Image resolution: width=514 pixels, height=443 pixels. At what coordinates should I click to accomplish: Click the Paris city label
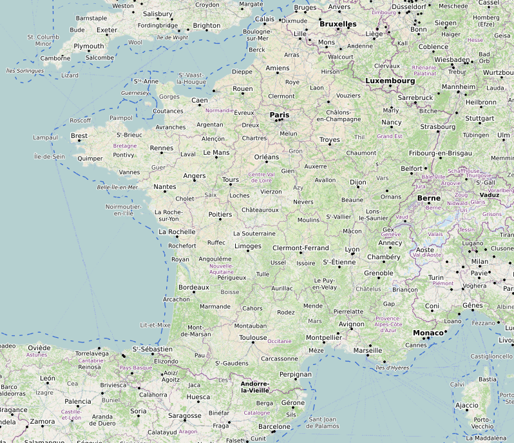pos(280,115)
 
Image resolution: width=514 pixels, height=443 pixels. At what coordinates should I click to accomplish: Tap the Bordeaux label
pos(193,287)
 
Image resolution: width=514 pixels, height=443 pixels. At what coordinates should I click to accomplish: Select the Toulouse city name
pos(252,337)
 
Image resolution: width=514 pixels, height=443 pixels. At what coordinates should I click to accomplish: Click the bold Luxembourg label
pos(390,81)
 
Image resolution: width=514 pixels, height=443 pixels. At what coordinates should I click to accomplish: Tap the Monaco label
pos(428,333)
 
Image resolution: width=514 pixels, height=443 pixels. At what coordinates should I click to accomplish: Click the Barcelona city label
pos(274,426)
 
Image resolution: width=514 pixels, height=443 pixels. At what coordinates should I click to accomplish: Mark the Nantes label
pos(165,186)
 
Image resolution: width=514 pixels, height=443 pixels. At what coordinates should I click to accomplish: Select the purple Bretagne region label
pos(125,146)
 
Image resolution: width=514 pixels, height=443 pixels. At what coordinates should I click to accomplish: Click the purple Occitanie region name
pos(280,341)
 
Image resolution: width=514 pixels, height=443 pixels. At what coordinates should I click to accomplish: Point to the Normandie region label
pos(220,110)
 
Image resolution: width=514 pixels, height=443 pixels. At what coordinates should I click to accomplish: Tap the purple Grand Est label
pos(390,136)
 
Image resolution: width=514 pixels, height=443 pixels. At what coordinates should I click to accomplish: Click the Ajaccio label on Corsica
pos(467,406)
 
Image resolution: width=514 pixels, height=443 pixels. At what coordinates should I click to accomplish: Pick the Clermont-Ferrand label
pos(301,248)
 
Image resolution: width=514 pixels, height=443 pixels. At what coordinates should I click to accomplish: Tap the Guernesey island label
pos(135,93)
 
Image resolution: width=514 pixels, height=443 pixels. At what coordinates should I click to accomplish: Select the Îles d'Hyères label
pos(391,368)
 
